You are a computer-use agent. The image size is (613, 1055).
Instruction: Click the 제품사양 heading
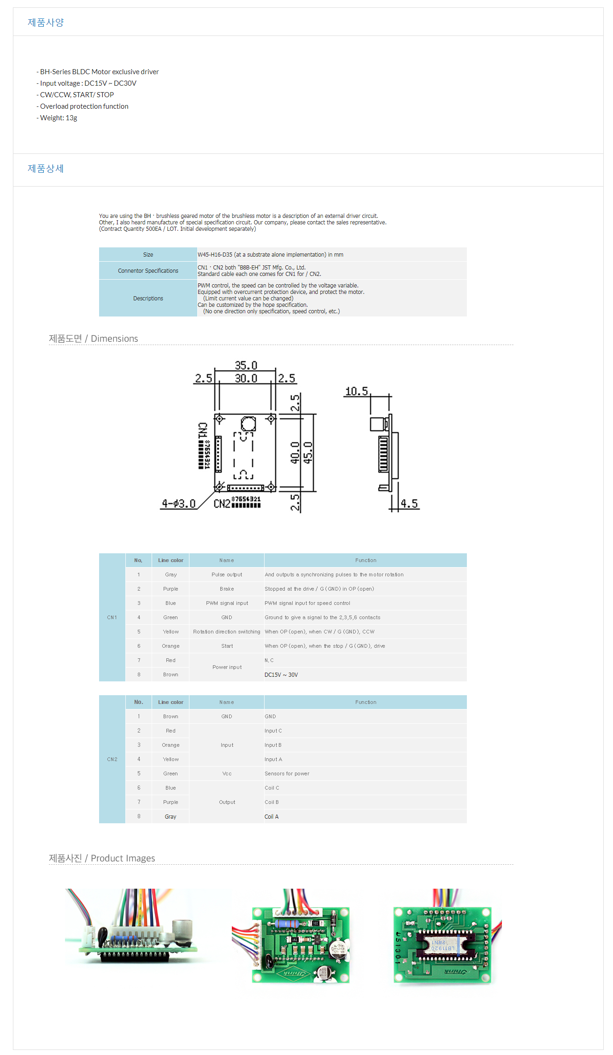[x=46, y=22]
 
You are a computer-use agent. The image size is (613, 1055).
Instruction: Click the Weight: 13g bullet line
[x=58, y=118]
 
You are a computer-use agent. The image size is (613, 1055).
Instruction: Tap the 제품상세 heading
[x=46, y=169]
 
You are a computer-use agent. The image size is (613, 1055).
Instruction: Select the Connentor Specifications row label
[x=148, y=271]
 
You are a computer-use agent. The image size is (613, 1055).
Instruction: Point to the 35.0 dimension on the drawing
[x=246, y=365]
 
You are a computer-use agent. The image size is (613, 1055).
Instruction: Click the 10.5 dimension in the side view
[x=357, y=392]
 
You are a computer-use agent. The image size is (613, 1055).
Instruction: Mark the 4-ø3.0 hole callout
[x=178, y=504]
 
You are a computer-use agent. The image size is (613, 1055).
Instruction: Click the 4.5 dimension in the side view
[x=409, y=504]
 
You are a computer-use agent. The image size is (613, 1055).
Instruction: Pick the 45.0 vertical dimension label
[x=308, y=452]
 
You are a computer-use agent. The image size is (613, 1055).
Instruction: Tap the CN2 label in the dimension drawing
[x=222, y=504]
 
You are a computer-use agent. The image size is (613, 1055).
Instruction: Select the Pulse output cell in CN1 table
[x=227, y=574]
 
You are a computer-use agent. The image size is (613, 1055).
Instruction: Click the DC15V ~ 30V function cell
[x=281, y=675]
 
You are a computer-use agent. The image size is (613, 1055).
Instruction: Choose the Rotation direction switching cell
[x=227, y=632]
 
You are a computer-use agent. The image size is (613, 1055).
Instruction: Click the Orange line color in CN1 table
[x=171, y=646]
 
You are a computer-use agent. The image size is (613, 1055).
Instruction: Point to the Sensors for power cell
[x=287, y=774]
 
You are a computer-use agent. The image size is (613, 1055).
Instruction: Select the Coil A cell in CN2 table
[x=271, y=817]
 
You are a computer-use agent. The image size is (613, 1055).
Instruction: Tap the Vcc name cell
[x=227, y=774]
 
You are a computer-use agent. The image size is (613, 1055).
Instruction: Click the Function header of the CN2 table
[x=365, y=702]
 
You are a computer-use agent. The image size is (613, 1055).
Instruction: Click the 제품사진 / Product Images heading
[x=102, y=858]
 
